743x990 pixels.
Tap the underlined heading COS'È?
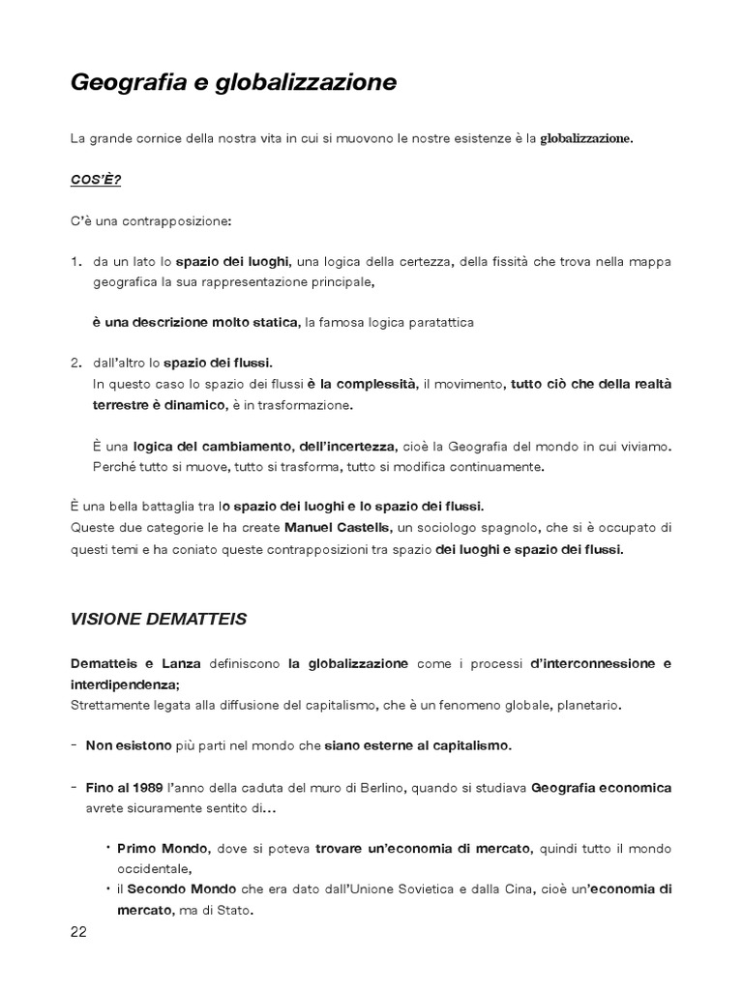point(96,180)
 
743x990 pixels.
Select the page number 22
point(79,931)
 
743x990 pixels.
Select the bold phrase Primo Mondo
point(150,848)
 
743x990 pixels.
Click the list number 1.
point(76,262)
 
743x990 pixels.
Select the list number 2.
point(76,363)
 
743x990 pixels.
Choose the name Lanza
point(182,664)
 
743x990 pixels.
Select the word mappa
point(651,262)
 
